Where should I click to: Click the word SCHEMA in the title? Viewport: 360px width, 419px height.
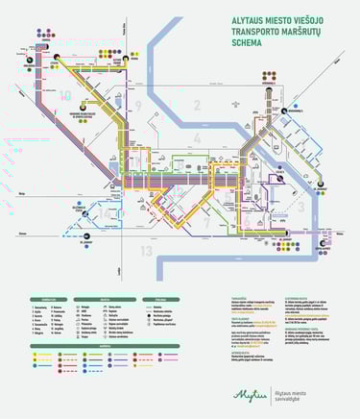tap(248, 42)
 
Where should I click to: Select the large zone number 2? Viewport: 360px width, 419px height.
tap(196, 106)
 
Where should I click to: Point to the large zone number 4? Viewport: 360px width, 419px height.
tap(198, 139)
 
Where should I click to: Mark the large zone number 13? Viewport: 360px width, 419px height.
tap(146, 251)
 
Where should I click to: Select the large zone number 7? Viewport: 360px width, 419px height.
tap(204, 223)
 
